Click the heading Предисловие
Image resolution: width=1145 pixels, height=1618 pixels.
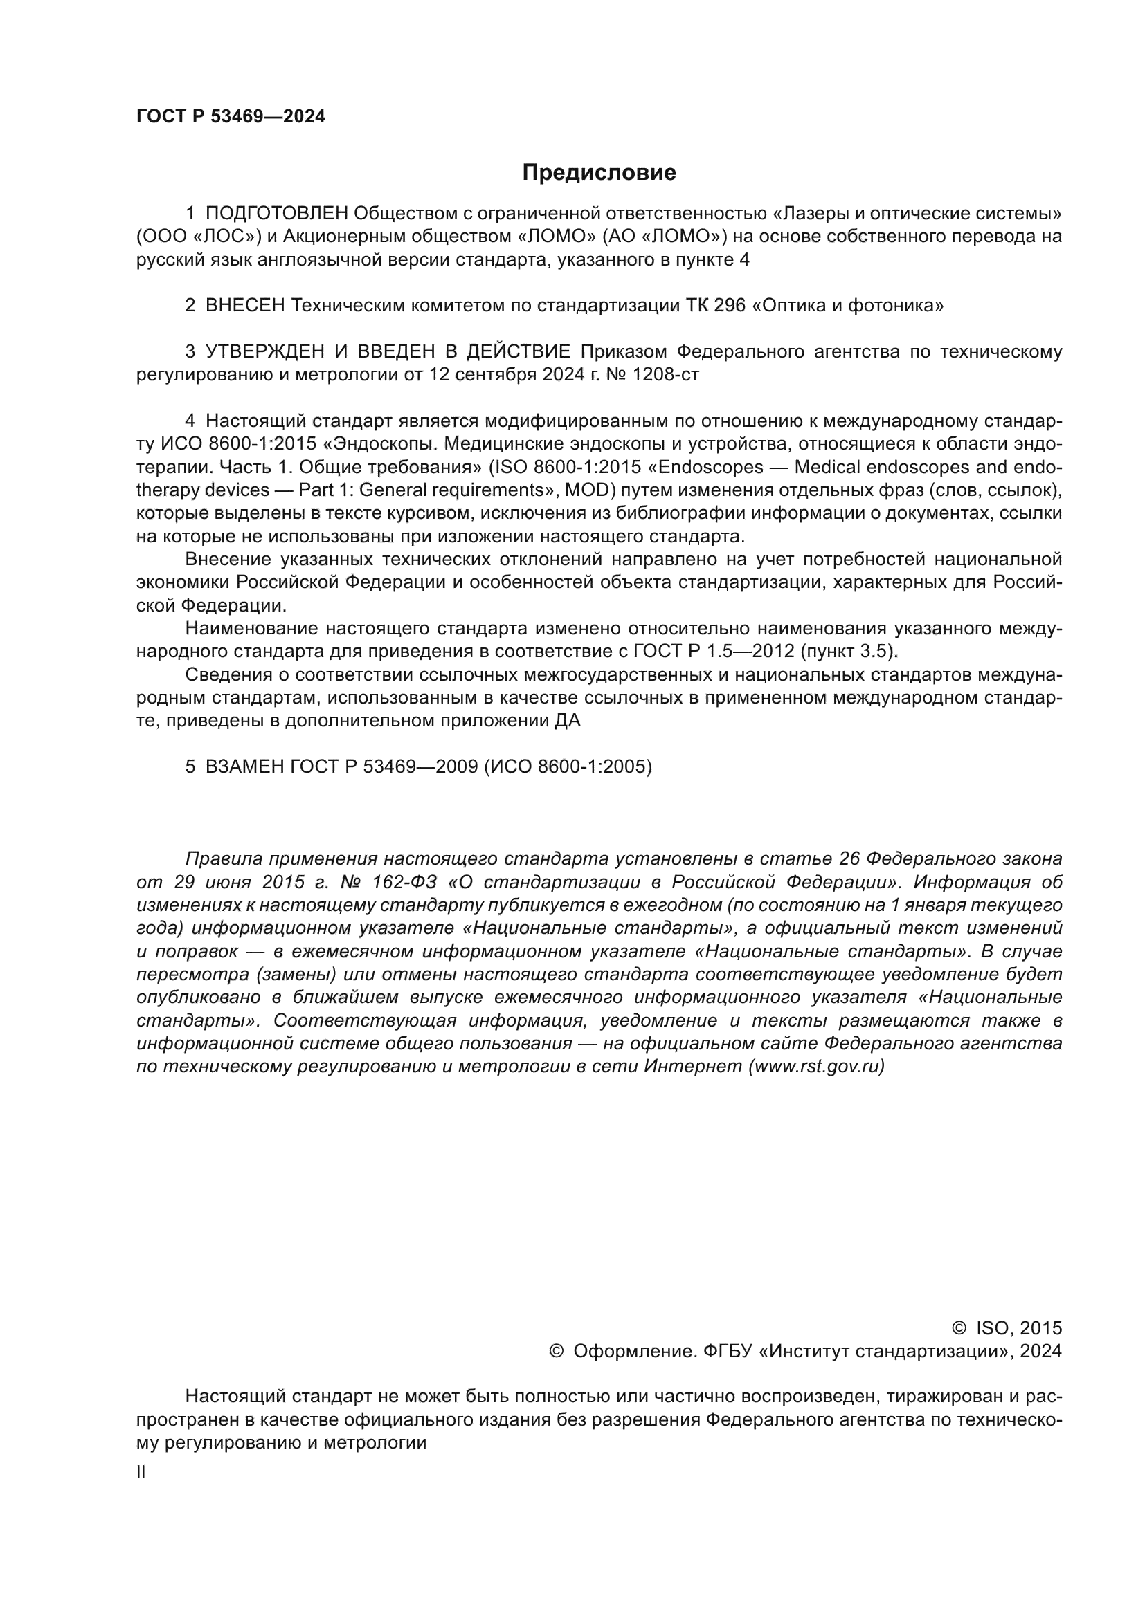599,173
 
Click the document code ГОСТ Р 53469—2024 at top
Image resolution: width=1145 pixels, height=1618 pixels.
231,117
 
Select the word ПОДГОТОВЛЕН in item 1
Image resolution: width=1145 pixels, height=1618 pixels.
276,214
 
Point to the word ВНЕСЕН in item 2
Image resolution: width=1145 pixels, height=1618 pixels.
245,306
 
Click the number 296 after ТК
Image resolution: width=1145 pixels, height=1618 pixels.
730,306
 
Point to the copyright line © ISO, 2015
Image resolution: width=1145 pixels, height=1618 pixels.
1006,1328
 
